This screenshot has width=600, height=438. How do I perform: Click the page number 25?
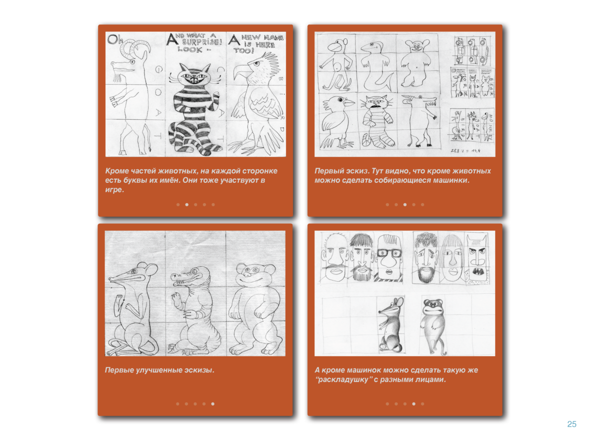pyautogui.click(x=571, y=424)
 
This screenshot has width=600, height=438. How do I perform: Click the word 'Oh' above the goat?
pyautogui.click(x=114, y=39)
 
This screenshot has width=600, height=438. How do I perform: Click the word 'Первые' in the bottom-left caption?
pyautogui.click(x=118, y=370)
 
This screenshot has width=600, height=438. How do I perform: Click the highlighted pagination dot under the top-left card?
pyautogui.click(x=186, y=204)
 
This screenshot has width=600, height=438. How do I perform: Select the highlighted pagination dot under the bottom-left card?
pyautogui.click(x=213, y=404)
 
